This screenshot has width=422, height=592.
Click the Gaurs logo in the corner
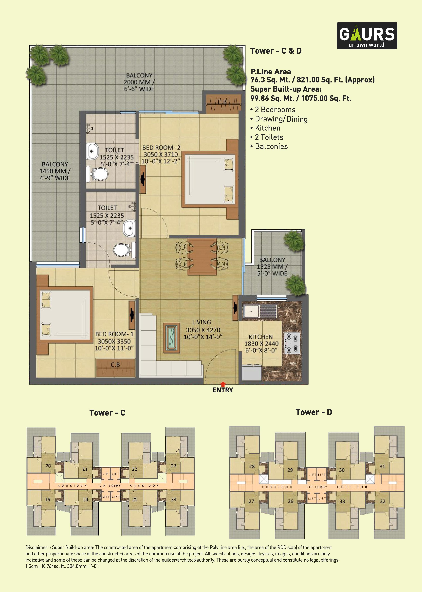367,36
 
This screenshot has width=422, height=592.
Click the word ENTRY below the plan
223,390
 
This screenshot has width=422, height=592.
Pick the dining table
202,256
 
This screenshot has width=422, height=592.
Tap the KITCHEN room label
261,337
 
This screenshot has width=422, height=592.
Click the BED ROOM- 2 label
161,148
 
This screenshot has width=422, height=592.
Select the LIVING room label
202,322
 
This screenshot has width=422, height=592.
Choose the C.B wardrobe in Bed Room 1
116,368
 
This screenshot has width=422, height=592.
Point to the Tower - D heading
314,412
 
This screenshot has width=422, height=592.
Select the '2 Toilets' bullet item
269,137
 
